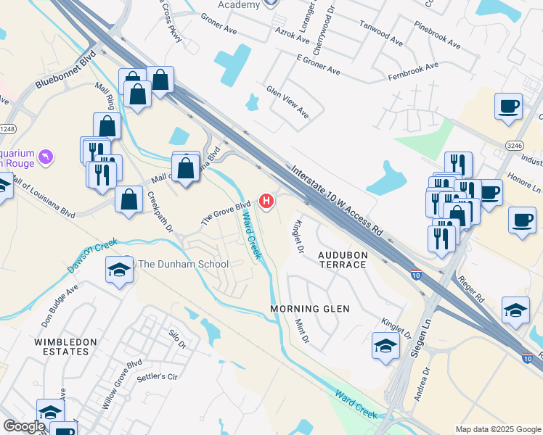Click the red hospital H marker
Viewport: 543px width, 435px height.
[267, 201]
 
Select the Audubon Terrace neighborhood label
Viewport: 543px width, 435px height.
[343, 260]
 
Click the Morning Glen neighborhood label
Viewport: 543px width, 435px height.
[310, 309]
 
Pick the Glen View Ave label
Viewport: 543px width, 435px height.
[287, 104]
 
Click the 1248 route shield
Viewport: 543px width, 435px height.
[6, 129]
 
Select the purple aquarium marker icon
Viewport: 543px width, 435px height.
[46, 157]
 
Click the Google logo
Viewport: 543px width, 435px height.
[24, 426]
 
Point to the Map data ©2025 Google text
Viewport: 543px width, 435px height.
[498, 429]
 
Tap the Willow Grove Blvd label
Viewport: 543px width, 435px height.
[121, 384]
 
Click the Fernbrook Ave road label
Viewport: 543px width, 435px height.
[413, 70]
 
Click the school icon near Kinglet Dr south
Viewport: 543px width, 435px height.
[385, 347]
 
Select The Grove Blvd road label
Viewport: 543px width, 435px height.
[226, 212]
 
